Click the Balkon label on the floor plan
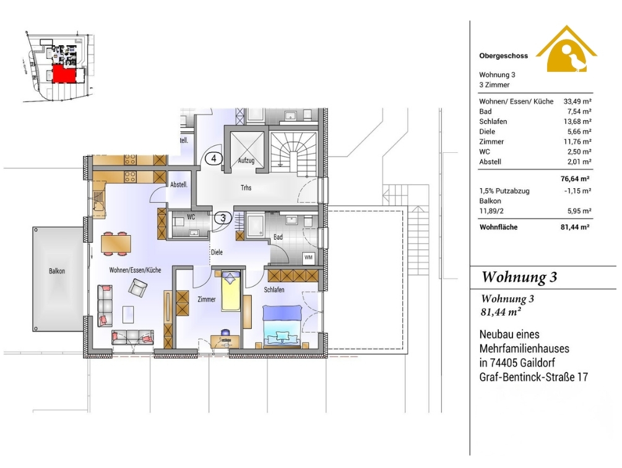coord(57,271)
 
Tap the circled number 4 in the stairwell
coord(214,158)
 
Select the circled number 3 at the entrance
coord(223,218)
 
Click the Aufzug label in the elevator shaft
coord(246,160)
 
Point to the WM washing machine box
coord(308,258)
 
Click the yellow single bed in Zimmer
coord(231,292)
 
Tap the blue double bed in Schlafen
coord(282,326)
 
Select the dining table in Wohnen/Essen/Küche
coord(116,243)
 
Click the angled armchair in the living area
coord(137,288)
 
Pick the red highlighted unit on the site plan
coord(64,74)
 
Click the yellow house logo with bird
coord(566,49)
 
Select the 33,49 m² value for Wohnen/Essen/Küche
coord(577,102)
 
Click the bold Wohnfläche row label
coord(498,227)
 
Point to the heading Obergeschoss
coord(503,56)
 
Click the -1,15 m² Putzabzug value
coord(578,191)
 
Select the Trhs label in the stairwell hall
coord(246,188)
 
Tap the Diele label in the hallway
coord(217,252)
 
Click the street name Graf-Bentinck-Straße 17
coord(533,377)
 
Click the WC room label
coord(191,217)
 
